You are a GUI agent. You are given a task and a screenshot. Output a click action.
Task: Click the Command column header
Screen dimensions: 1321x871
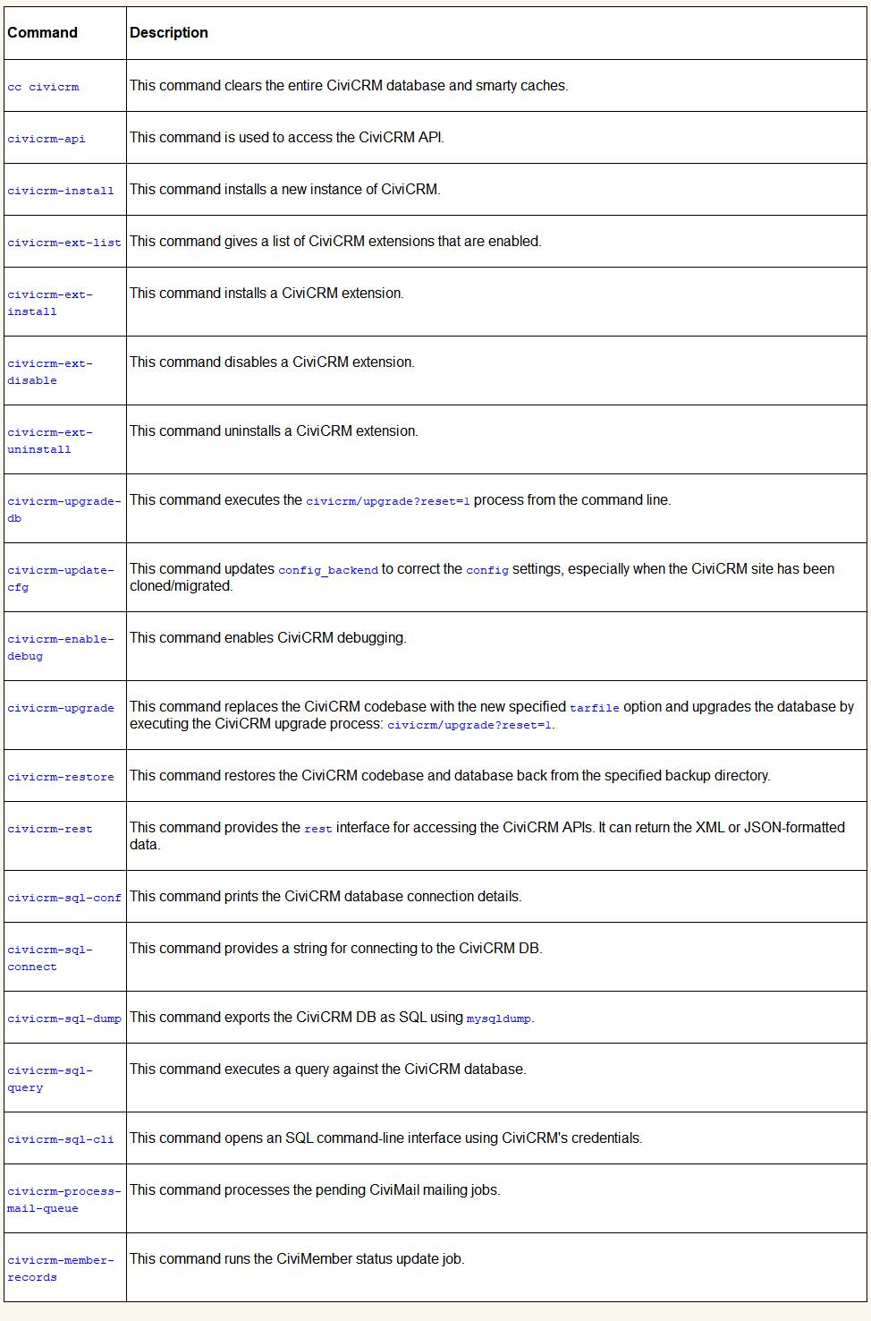tap(42, 33)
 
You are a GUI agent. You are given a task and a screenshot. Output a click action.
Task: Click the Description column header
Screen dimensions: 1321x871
tap(169, 33)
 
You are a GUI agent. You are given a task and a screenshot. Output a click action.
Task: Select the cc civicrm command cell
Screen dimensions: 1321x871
tap(43, 87)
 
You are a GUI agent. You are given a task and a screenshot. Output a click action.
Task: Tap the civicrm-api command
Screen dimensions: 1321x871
tap(47, 139)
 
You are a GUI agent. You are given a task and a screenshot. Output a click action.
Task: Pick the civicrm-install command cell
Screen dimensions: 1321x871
tap(61, 191)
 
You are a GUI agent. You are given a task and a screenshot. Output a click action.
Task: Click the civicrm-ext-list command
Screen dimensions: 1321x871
tap(64, 243)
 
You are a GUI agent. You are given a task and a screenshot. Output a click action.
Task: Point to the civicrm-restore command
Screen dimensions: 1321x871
tap(61, 777)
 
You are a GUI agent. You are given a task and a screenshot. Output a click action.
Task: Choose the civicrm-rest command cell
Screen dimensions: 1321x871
tap(50, 829)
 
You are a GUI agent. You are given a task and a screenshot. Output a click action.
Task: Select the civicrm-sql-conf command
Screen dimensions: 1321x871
tap(64, 898)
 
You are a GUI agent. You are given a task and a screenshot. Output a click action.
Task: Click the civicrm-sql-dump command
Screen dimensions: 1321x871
tap(64, 1018)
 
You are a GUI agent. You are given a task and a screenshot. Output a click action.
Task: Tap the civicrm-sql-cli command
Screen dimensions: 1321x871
tap(61, 1139)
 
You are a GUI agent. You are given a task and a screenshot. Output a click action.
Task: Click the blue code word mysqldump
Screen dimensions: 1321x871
tap(499, 1018)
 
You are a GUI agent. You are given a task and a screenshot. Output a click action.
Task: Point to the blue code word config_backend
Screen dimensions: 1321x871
tap(328, 570)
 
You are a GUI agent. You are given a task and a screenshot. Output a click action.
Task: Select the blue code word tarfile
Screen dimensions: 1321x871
tap(595, 708)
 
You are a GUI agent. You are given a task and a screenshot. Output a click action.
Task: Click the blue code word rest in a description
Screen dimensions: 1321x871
tap(318, 829)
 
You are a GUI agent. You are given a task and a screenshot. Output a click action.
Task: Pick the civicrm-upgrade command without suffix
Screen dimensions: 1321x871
tap(61, 708)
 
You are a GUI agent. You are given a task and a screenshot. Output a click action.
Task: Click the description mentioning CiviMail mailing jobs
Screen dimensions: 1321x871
tap(315, 1190)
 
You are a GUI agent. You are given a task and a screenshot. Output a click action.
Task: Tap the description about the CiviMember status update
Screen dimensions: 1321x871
tap(297, 1259)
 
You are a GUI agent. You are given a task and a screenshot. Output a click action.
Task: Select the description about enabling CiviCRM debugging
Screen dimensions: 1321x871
tap(268, 638)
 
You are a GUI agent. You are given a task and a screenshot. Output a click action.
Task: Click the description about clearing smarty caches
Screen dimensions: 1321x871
tap(349, 86)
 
